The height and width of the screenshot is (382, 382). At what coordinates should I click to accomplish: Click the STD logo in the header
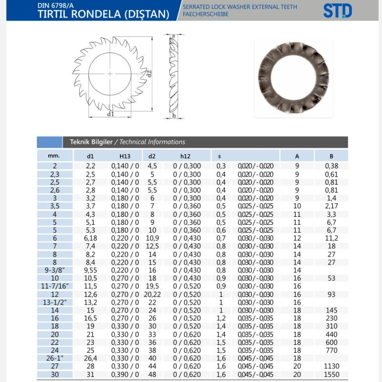[x=338, y=11]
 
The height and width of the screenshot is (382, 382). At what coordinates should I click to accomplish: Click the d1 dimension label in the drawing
[x=111, y=114]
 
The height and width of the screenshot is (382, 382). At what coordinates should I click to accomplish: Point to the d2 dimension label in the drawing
[x=149, y=74]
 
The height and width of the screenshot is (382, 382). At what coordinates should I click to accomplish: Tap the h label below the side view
[x=174, y=115]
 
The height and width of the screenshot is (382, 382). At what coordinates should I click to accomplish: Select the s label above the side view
[x=173, y=36]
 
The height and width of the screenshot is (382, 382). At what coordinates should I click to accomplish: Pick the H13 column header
[x=125, y=156]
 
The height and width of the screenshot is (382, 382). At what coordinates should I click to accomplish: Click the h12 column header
[x=185, y=156]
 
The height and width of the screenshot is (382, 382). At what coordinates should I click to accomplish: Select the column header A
[x=297, y=156]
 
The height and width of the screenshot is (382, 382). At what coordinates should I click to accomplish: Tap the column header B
[x=331, y=156]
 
